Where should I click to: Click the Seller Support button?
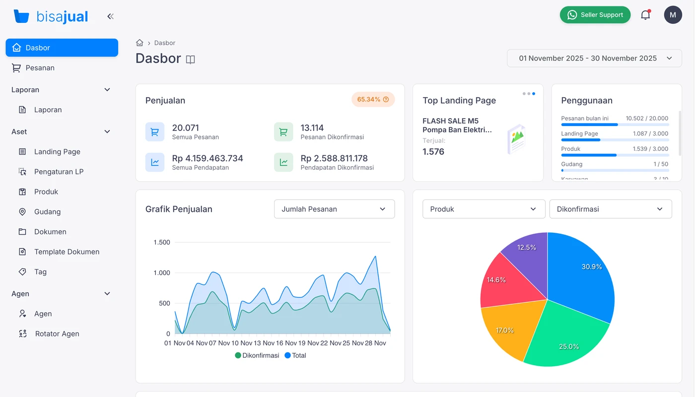(x=595, y=15)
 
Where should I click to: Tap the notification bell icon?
(x=645, y=15)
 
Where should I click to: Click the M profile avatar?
(x=673, y=15)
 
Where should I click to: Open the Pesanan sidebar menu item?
(x=40, y=68)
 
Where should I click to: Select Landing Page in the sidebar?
(x=57, y=152)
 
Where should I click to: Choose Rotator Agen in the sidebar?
(x=57, y=334)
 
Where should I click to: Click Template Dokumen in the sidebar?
(x=67, y=252)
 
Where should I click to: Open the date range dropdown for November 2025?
(x=594, y=58)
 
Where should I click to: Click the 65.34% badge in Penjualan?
(x=373, y=99)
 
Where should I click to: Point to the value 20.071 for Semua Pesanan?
(x=186, y=128)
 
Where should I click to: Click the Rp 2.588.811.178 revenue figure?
(x=334, y=158)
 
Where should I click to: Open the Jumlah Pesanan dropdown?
(x=334, y=209)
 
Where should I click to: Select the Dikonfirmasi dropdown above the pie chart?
(x=610, y=209)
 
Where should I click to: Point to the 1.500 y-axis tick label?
(x=162, y=243)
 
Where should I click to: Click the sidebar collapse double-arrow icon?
(x=110, y=16)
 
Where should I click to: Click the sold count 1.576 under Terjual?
(x=433, y=152)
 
